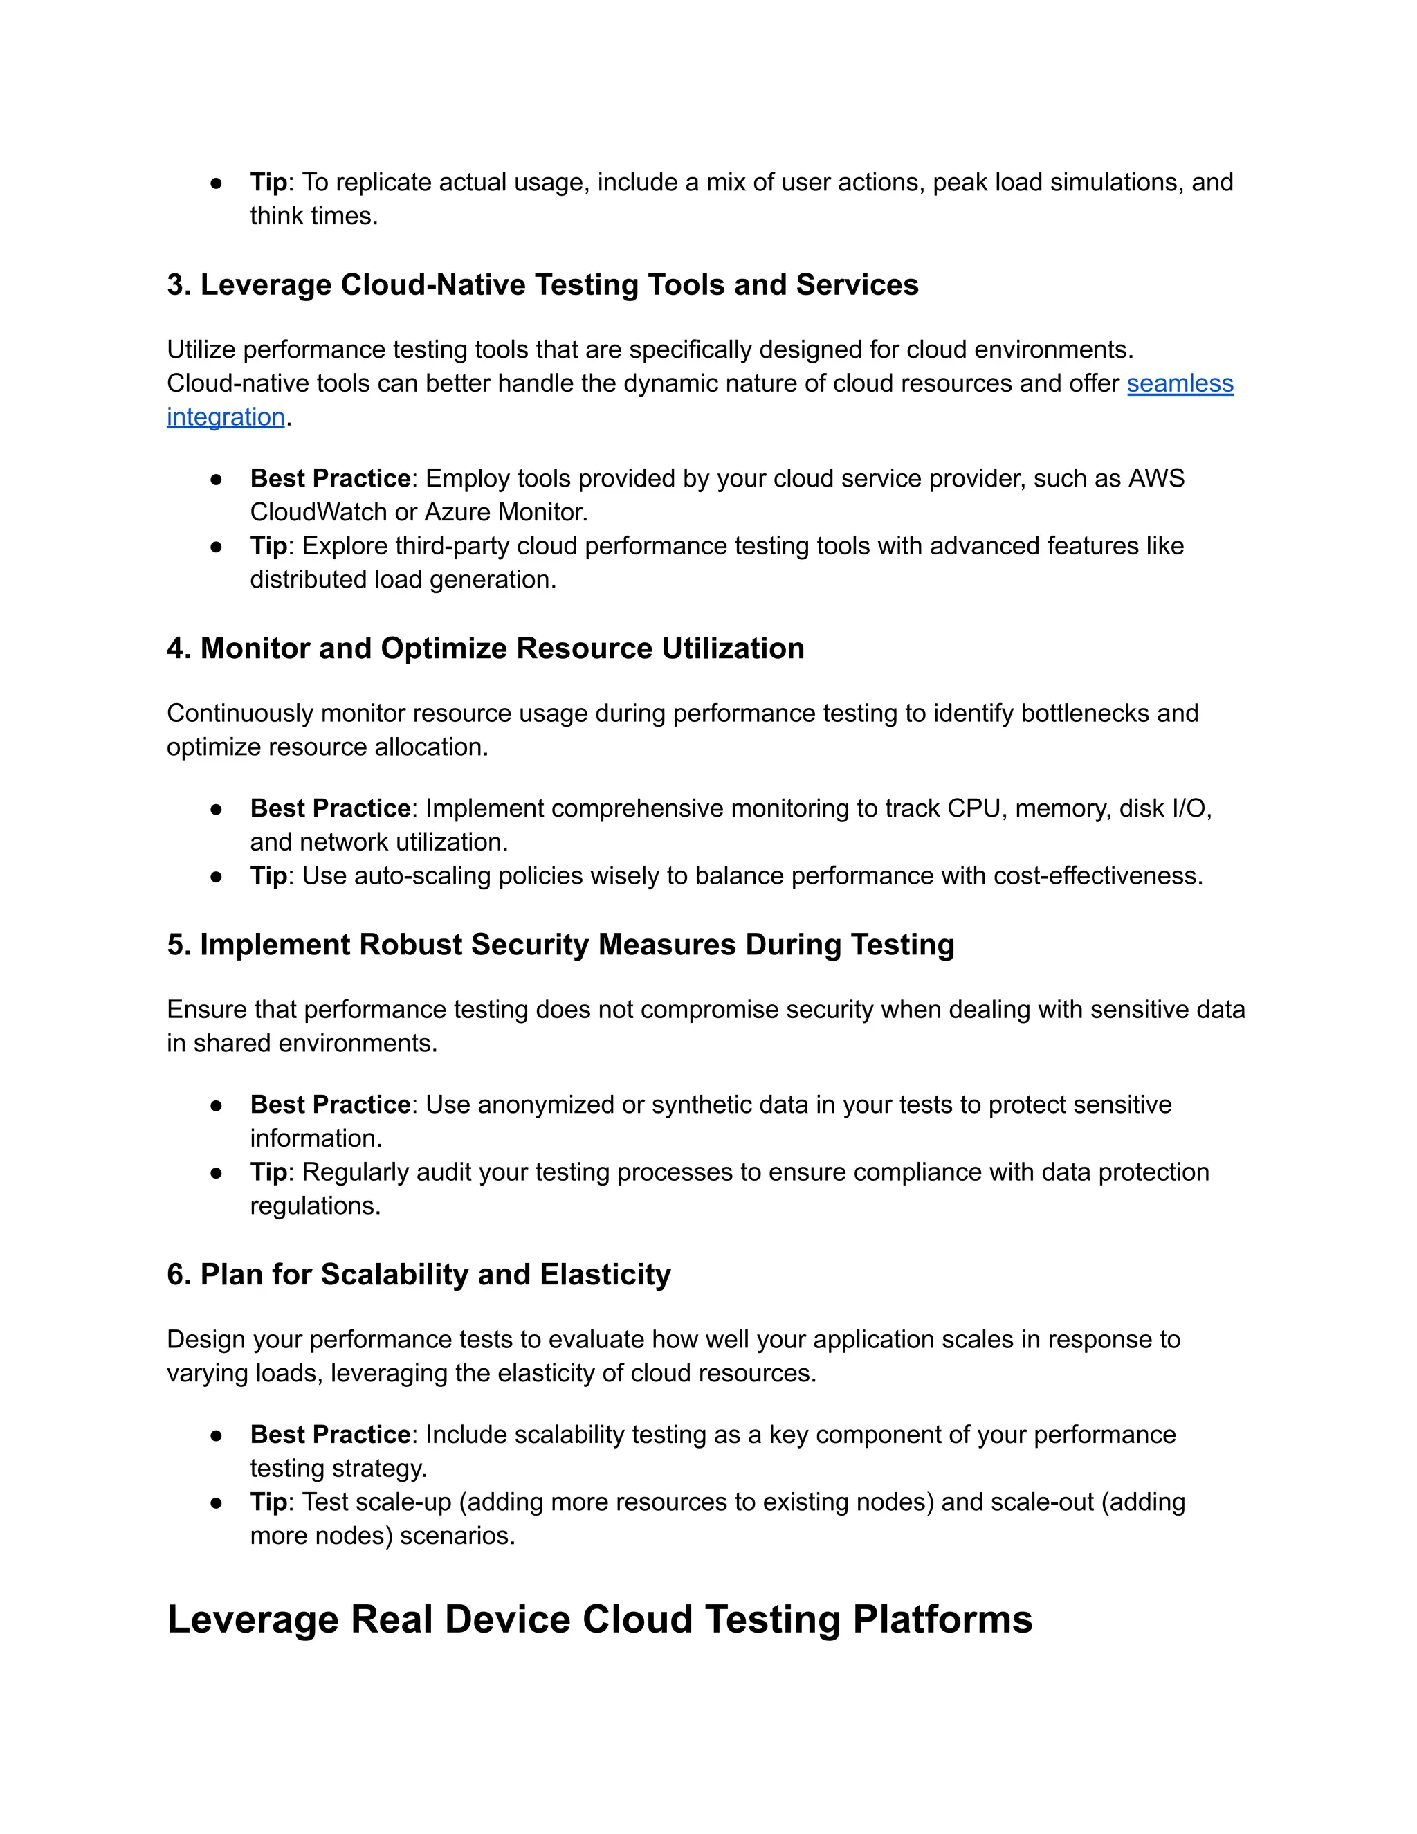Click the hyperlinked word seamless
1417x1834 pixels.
(x=1180, y=384)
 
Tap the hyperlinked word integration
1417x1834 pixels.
(x=226, y=417)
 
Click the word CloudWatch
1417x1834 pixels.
(x=318, y=512)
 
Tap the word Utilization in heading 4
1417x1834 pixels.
(x=732, y=648)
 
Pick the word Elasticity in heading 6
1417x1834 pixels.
(x=605, y=1275)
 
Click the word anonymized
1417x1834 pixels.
(x=546, y=1105)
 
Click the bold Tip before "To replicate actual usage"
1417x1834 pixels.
(x=268, y=182)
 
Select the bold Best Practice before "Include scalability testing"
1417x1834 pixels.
(x=330, y=1435)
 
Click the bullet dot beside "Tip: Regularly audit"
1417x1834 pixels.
(x=217, y=1173)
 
